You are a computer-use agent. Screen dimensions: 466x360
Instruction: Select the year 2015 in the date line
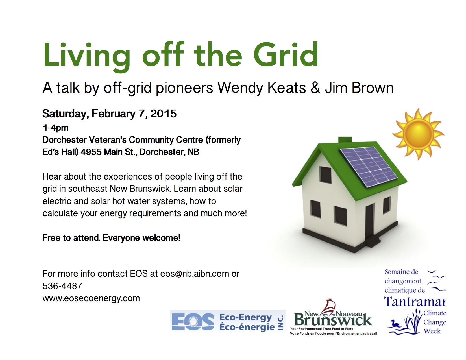click(164, 114)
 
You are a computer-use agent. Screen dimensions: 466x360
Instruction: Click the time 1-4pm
click(55, 128)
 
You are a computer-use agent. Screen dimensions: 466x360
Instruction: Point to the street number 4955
click(91, 152)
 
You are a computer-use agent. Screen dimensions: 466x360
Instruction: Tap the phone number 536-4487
click(62, 286)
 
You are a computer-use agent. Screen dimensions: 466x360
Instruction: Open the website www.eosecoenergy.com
click(91, 298)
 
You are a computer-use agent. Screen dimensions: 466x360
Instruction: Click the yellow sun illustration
click(418, 134)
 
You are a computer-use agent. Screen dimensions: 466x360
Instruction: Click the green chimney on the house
click(345, 139)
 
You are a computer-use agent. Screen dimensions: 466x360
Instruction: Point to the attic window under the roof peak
click(326, 174)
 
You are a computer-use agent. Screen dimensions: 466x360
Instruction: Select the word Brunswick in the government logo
click(333, 320)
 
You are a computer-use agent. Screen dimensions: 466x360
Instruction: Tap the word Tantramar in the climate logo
click(415, 302)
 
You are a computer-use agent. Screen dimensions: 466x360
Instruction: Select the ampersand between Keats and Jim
click(315, 88)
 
